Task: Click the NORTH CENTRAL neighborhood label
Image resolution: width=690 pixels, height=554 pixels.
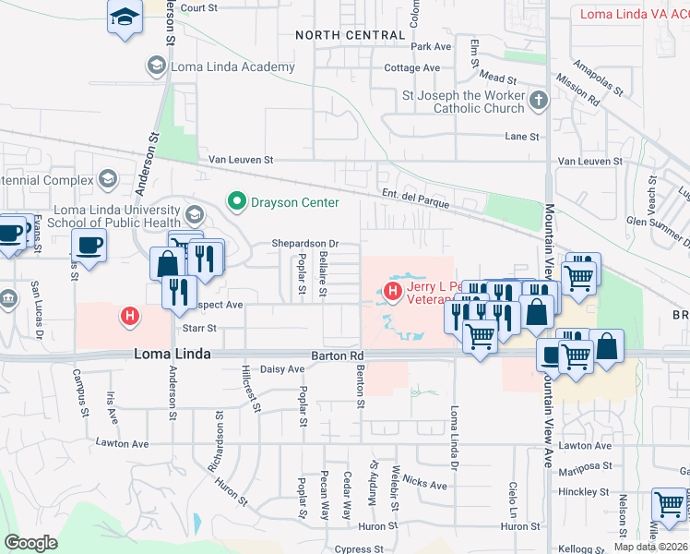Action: [350, 35]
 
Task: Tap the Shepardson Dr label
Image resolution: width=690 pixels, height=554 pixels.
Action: [305, 244]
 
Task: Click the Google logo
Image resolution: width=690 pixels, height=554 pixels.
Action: [30, 543]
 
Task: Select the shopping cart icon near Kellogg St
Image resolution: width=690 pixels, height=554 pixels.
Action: [668, 505]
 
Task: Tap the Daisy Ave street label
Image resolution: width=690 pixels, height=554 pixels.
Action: [283, 369]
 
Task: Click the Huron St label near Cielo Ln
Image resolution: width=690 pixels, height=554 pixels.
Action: [521, 526]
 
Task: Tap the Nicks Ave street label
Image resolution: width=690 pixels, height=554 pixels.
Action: [424, 483]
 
